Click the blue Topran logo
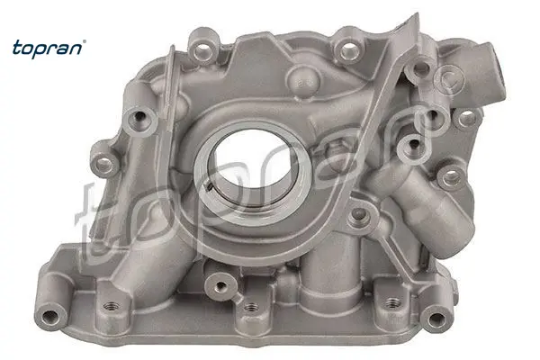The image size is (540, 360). [x=49, y=49]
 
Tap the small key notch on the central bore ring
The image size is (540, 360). [x=210, y=186]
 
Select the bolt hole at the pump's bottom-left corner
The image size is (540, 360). [x=49, y=316]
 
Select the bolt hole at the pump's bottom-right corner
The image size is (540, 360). [x=436, y=318]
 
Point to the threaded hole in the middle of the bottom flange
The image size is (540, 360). [x=251, y=307]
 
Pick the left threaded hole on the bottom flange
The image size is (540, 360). [x=111, y=306]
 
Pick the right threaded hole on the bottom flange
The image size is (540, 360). [x=391, y=303]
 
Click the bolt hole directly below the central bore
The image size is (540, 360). [x=220, y=285]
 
